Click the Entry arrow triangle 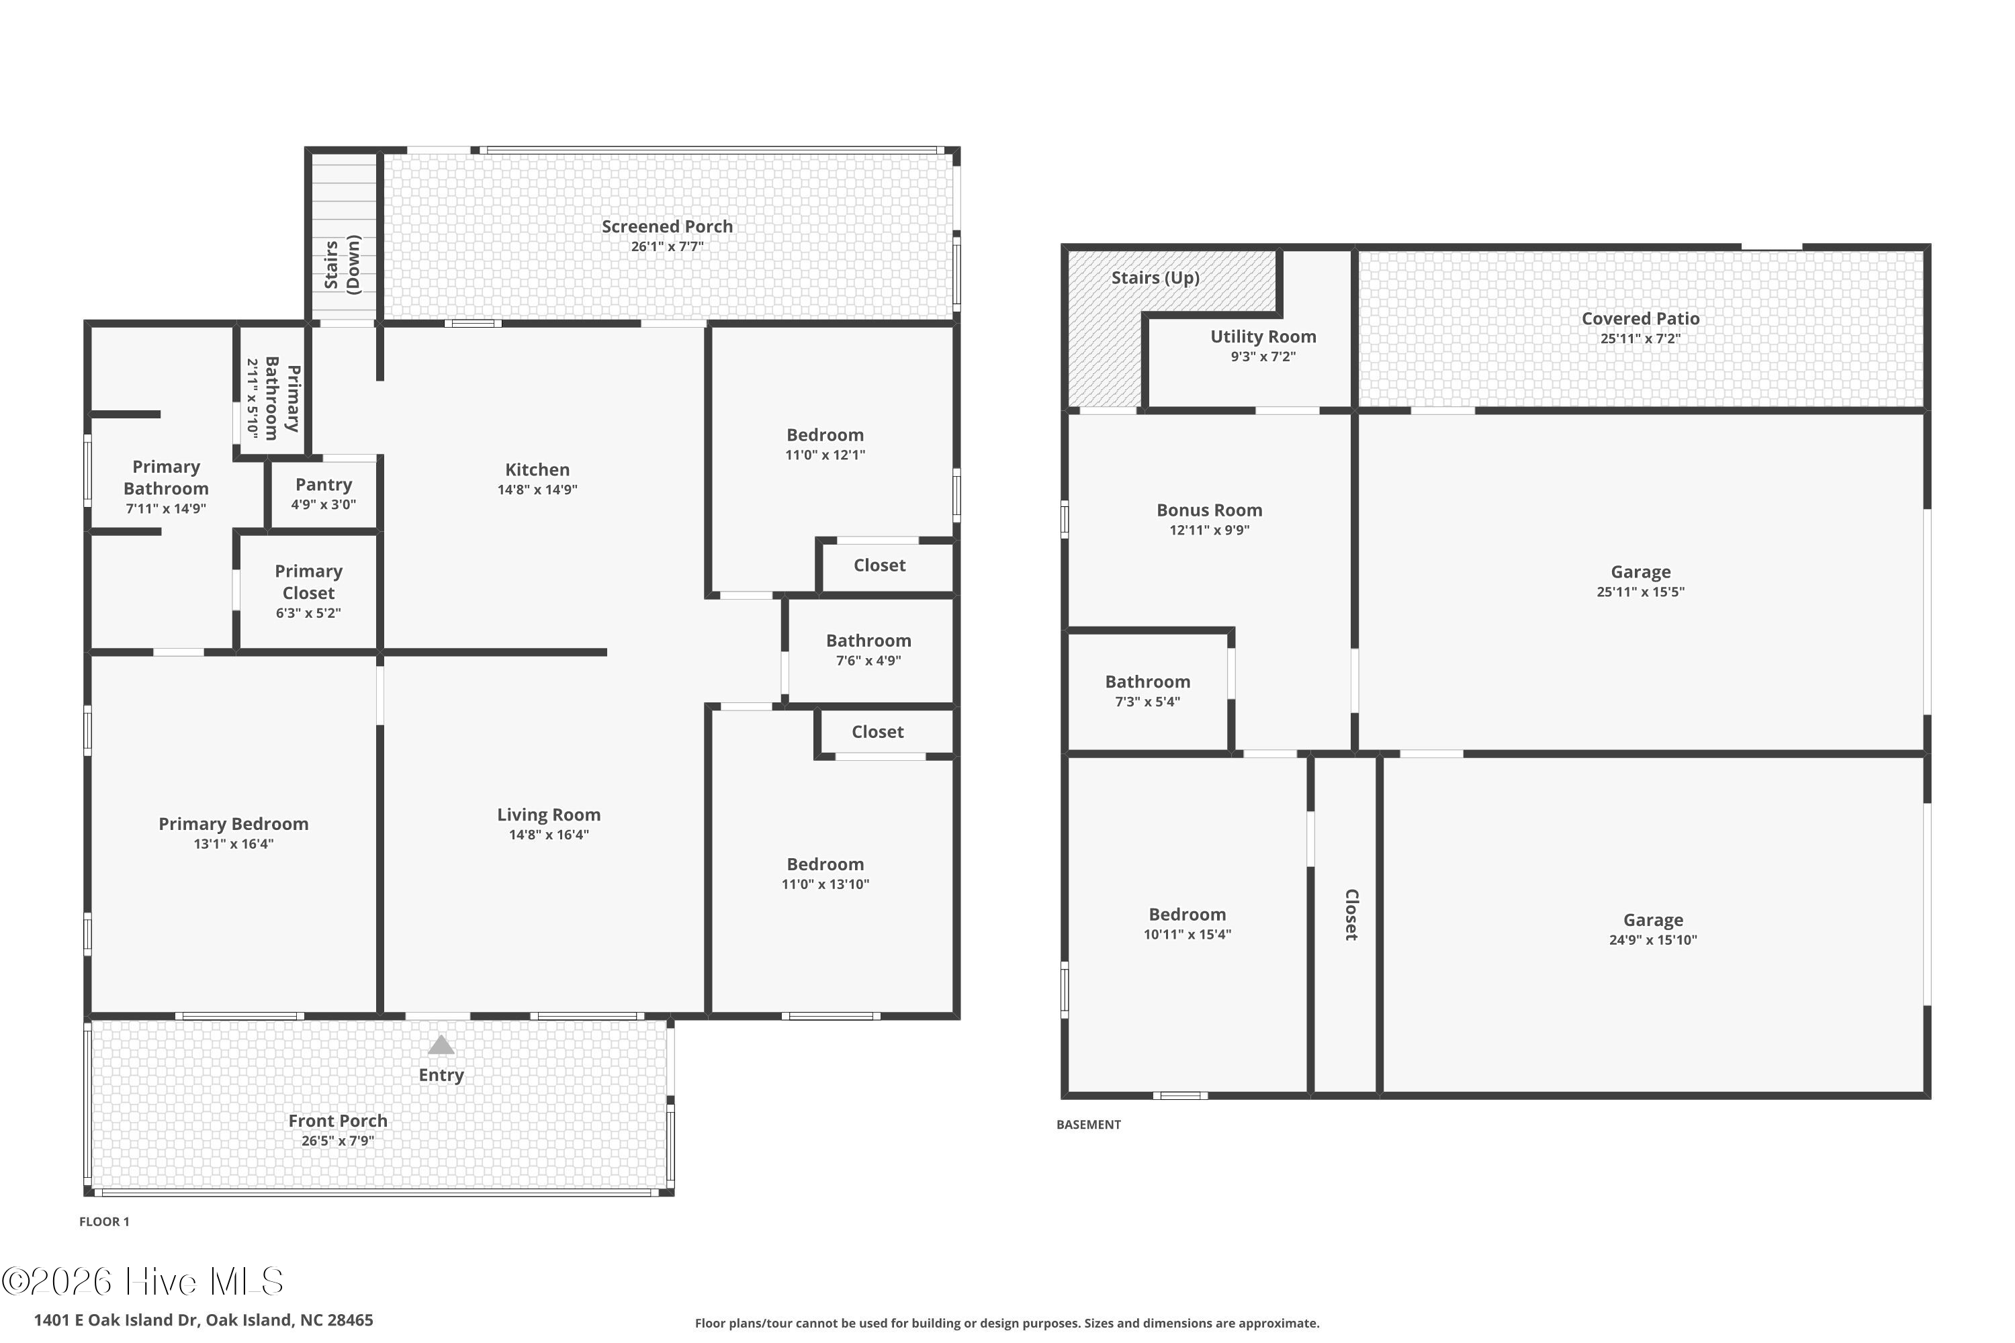pyautogui.click(x=441, y=1045)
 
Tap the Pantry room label pyautogui.click(x=324, y=485)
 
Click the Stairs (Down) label pyautogui.click(x=343, y=265)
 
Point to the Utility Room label pyautogui.click(x=1263, y=336)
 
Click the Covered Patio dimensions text pyautogui.click(x=1640, y=339)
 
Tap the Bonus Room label pyautogui.click(x=1209, y=510)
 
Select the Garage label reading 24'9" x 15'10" pyautogui.click(x=1652, y=921)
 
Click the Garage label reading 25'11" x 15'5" pyautogui.click(x=1640, y=572)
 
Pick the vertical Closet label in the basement pyautogui.click(x=1351, y=915)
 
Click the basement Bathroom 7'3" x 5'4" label pyautogui.click(x=1147, y=683)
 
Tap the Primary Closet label pyautogui.click(x=308, y=582)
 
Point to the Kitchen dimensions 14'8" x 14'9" pyautogui.click(x=537, y=490)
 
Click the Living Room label pyautogui.click(x=548, y=815)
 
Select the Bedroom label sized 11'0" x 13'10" pyautogui.click(x=825, y=865)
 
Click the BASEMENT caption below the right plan pyautogui.click(x=1088, y=1125)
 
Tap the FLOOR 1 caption pyautogui.click(x=103, y=1221)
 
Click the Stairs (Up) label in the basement pyautogui.click(x=1155, y=277)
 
